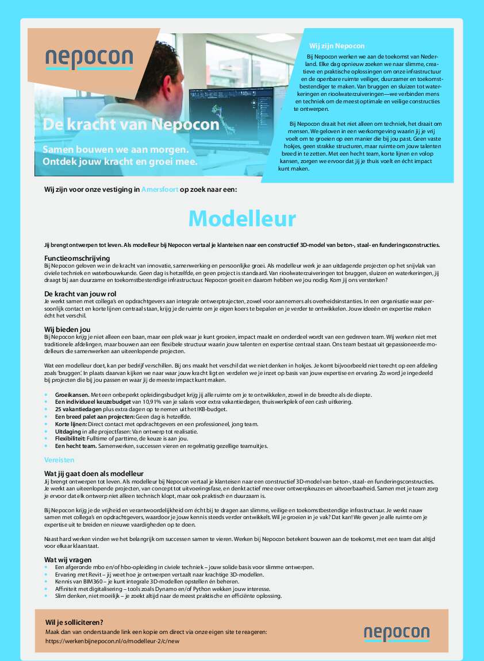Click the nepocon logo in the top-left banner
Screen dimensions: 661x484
[89, 59]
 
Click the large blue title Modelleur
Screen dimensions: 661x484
[242, 218]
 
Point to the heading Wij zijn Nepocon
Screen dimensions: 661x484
[337, 45]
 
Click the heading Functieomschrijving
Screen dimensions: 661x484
[77, 258]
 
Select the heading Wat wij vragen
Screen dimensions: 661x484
[68, 559]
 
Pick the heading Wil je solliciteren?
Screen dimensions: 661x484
[74, 622]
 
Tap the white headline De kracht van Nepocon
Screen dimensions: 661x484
[130, 125]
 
